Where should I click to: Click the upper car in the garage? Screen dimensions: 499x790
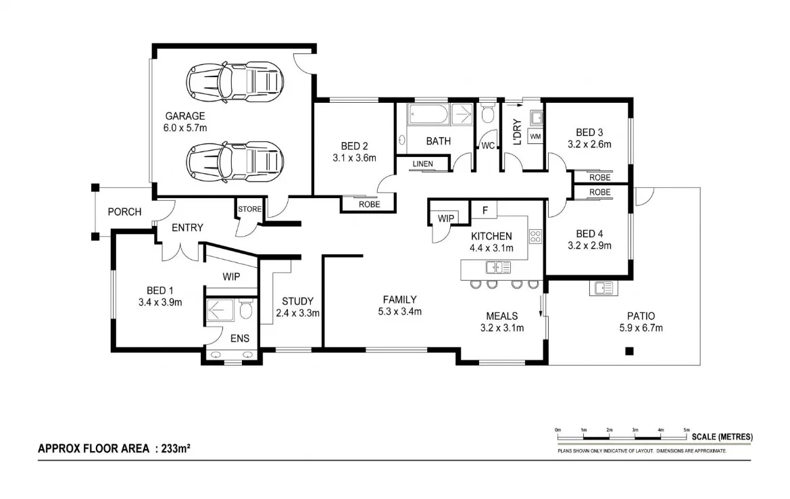click(234, 82)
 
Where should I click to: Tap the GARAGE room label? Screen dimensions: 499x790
click(184, 116)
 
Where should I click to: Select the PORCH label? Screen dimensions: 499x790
click(125, 212)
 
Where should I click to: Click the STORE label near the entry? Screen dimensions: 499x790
click(249, 210)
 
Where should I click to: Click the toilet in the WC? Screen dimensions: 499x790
click(487, 114)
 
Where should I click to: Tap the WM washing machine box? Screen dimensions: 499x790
click(536, 137)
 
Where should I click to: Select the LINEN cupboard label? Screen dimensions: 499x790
click(423, 164)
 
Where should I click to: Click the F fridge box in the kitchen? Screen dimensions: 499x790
click(484, 210)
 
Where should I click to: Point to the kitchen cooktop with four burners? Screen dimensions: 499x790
click(535, 237)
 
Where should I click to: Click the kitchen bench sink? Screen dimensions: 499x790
click(497, 268)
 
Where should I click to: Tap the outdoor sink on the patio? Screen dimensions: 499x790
click(603, 289)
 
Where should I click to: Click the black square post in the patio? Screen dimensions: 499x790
click(629, 351)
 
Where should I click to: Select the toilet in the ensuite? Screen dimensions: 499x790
click(246, 310)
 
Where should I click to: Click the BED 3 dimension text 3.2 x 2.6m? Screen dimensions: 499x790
click(589, 144)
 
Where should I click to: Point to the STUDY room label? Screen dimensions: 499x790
click(297, 302)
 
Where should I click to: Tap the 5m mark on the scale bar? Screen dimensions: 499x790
click(687, 430)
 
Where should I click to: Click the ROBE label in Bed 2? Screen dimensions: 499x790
click(369, 204)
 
